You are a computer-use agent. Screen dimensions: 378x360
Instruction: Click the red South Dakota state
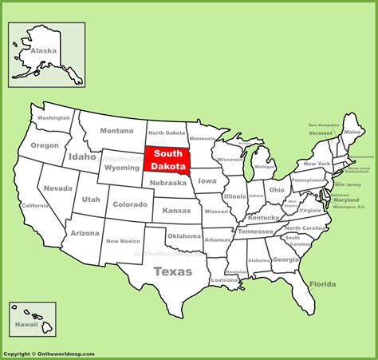click(x=167, y=159)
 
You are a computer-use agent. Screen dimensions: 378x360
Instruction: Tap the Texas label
click(x=172, y=271)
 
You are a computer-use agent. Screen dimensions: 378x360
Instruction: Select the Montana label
click(x=116, y=131)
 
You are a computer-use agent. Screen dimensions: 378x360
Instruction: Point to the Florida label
click(x=323, y=284)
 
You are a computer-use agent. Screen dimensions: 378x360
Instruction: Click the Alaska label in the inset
click(x=44, y=49)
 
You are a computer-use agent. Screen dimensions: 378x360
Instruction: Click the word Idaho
click(x=82, y=156)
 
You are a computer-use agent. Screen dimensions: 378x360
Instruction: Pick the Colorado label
click(x=129, y=204)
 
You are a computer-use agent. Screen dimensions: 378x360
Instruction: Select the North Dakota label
click(x=167, y=133)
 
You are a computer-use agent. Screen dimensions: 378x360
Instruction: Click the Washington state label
click(x=53, y=118)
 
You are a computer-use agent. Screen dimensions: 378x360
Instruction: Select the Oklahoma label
click(x=183, y=236)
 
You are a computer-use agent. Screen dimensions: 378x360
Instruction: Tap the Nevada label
click(x=57, y=188)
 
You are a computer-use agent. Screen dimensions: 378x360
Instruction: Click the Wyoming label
click(x=122, y=168)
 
